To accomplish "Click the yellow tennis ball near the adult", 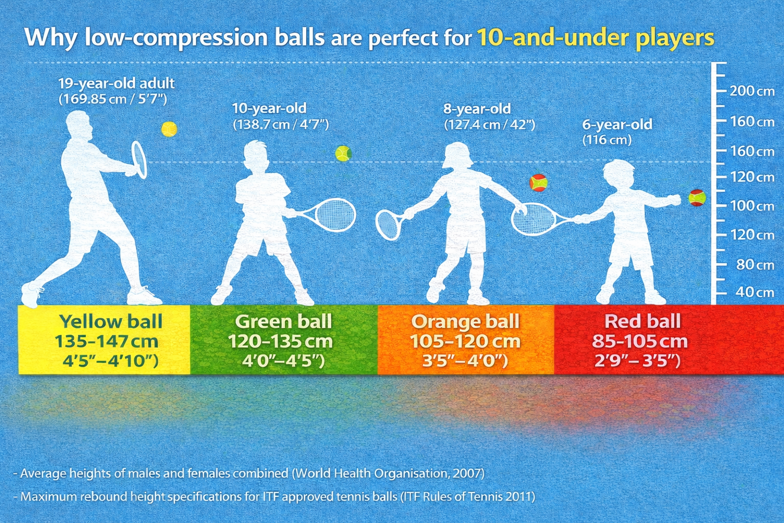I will pos(169,129).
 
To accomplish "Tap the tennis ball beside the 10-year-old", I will pos(343,153).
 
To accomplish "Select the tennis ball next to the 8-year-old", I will pos(538,182).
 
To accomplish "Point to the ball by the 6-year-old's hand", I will pos(697,197).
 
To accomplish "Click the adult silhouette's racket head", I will pos(139,159).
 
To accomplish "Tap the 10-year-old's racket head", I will pos(335,214).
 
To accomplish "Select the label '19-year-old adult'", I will pos(116,83).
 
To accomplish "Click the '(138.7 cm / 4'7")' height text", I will pos(281,124).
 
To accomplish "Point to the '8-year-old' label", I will pos(477,109).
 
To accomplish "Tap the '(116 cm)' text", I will pos(607,139).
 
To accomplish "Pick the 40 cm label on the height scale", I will pos(753,292).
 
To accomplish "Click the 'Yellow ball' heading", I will pos(111,321).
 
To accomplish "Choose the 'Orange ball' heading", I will pos(465,321).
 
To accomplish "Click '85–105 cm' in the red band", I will pos(640,341).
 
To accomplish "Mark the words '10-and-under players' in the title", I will pos(595,38).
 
